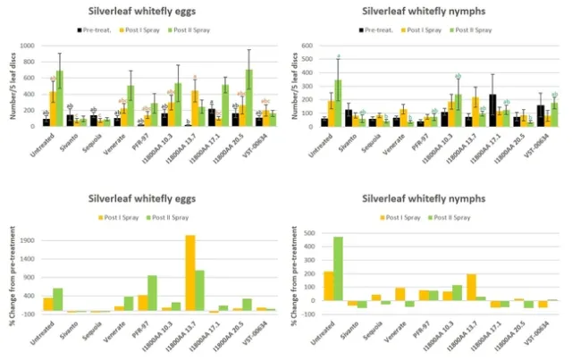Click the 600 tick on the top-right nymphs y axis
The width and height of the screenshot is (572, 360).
coord(309,46)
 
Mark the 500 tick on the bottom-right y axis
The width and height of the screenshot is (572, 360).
coord(308,233)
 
